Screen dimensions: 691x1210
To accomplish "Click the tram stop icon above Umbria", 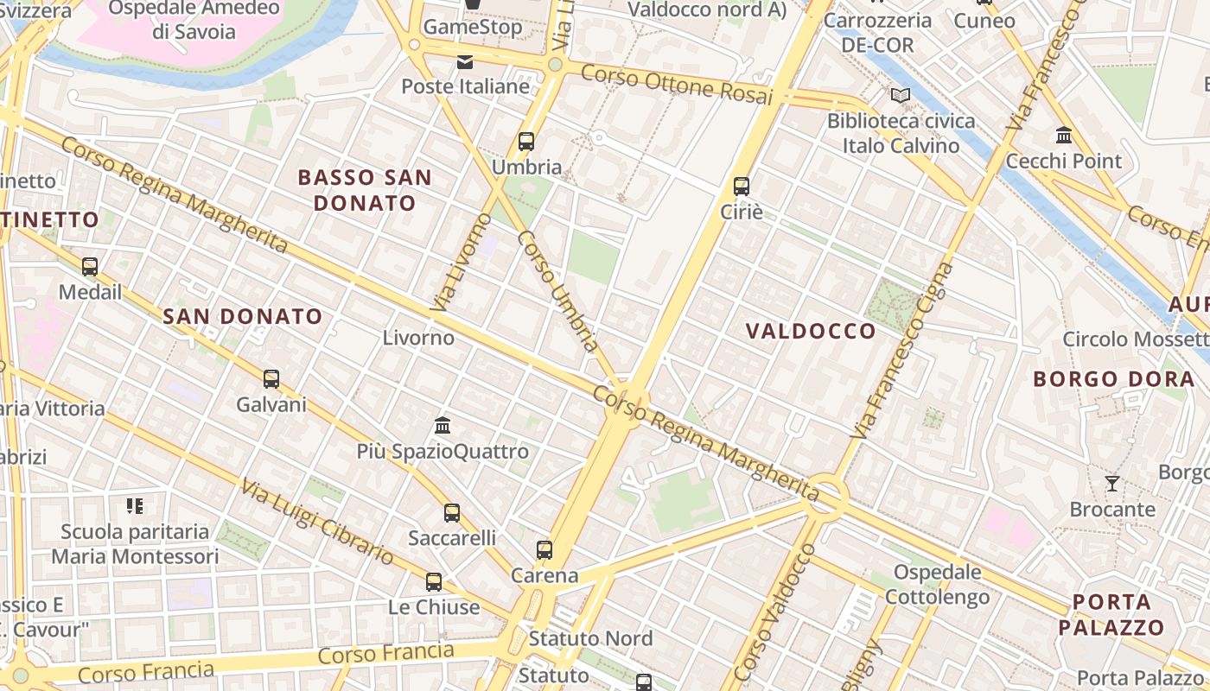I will click(x=525, y=142).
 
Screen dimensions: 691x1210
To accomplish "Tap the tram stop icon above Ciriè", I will click(x=741, y=186).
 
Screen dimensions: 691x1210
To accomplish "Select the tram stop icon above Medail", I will click(x=90, y=267).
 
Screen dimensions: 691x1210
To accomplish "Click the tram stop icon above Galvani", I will click(x=271, y=379).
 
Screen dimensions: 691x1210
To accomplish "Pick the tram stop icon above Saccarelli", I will click(x=451, y=513).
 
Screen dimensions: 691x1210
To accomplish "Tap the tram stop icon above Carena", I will click(x=544, y=550).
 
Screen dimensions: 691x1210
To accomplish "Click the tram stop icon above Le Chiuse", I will click(x=433, y=582).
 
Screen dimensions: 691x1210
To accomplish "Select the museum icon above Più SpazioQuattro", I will click(x=443, y=425).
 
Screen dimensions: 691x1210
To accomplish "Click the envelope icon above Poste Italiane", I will click(x=465, y=61).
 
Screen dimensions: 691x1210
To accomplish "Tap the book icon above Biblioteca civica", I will click(x=901, y=96).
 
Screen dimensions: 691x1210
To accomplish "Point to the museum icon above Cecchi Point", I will click(x=1063, y=136).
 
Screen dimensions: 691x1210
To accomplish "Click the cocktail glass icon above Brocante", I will click(x=1112, y=484).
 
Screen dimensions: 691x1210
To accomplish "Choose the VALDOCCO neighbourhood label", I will click(x=811, y=331).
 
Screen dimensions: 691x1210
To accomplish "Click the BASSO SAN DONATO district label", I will click(x=364, y=190).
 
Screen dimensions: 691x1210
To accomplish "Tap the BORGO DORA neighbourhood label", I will click(x=1114, y=378).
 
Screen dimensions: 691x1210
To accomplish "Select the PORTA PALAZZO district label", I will click(x=1111, y=614).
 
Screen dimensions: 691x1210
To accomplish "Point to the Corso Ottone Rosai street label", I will click(x=676, y=84).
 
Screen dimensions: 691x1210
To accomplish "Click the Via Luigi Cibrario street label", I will click(x=317, y=523).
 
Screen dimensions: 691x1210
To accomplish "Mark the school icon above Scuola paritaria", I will click(x=134, y=506).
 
